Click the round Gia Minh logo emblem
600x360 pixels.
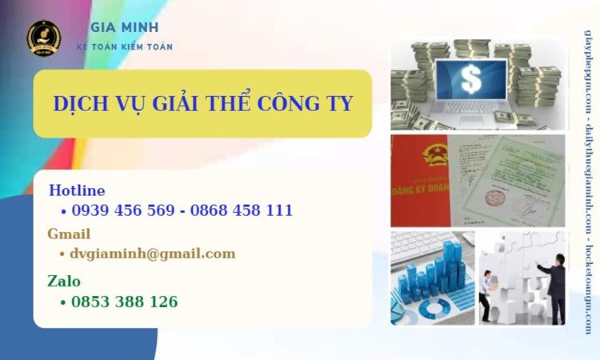[43, 38]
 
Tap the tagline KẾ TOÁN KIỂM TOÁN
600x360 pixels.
[124, 46]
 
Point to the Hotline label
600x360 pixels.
[77, 190]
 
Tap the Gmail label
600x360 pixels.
[69, 234]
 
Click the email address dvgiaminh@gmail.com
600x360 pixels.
[153, 254]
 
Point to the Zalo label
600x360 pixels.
[64, 281]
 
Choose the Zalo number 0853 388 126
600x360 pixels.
[124, 302]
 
